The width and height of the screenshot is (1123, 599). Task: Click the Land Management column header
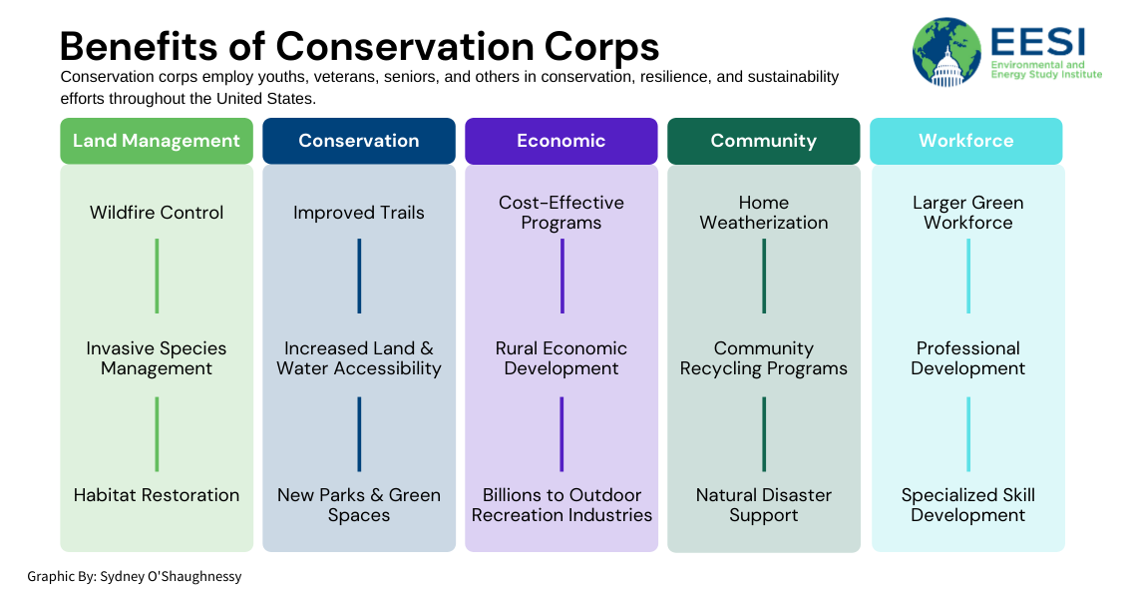point(157,141)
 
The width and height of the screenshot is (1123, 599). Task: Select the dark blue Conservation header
point(359,141)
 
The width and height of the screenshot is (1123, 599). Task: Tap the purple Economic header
point(561,141)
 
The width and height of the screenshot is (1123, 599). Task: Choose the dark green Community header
point(764,141)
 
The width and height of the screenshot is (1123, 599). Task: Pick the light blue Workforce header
point(966,141)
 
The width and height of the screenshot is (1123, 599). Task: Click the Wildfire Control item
point(157,213)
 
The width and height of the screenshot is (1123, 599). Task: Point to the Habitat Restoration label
point(157,495)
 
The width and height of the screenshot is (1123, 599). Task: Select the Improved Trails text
point(359,213)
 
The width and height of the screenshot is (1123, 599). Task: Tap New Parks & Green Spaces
point(359,505)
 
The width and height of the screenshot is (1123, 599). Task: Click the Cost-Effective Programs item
point(561,213)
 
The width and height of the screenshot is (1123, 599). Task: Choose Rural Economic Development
point(561,358)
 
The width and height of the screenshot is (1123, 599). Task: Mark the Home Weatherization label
point(764,213)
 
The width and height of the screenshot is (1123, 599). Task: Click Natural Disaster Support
point(764,505)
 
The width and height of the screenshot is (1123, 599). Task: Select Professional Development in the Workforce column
point(968,358)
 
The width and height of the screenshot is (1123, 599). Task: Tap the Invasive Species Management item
point(157,358)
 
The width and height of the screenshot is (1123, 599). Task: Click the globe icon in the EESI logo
point(946,52)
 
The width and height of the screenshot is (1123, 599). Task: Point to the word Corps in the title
point(601,47)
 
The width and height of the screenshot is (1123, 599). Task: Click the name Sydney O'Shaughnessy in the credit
point(171,577)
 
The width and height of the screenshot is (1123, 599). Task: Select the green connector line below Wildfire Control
point(157,276)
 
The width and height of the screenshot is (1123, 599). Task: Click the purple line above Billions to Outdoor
point(561,434)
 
